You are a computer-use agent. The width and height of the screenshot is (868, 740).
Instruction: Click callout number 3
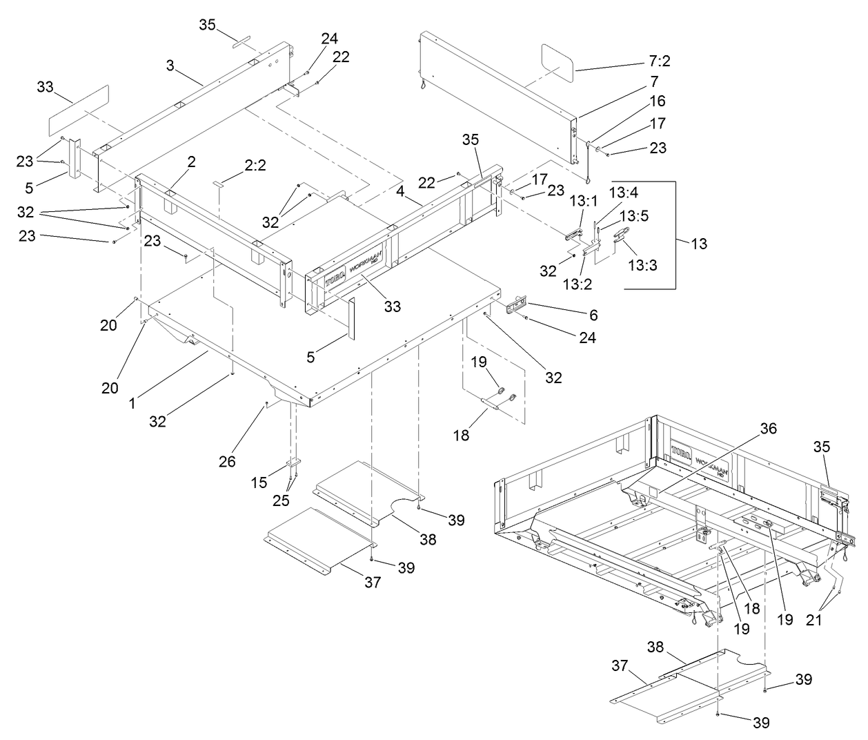click(170, 66)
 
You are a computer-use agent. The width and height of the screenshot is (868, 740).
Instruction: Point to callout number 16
click(657, 101)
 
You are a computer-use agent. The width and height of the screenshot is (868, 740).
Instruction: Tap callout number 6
click(593, 315)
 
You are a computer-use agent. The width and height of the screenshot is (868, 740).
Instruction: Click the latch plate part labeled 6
click(517, 304)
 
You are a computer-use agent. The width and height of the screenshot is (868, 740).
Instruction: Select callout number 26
click(228, 460)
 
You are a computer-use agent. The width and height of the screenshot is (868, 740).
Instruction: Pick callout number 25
click(281, 500)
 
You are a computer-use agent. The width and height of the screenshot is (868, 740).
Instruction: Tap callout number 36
click(767, 429)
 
